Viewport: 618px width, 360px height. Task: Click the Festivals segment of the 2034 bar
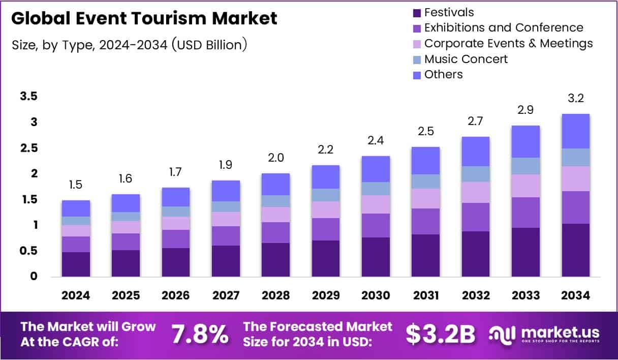[x=575, y=250]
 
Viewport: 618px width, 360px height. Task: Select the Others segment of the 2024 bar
[x=76, y=208]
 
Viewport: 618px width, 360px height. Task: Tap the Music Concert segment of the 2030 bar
[x=376, y=189]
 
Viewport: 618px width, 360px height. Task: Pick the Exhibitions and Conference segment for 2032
[x=475, y=217]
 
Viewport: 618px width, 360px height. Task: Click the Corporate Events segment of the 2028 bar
[x=275, y=214]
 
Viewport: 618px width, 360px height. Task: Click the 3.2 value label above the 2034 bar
[x=575, y=98]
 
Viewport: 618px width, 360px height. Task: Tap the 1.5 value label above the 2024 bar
[x=76, y=185]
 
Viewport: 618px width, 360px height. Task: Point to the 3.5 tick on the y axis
[x=29, y=97]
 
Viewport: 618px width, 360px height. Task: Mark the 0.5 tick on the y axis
[x=29, y=251]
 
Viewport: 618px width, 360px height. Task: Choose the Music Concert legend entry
[x=466, y=59]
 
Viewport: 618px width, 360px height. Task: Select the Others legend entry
[x=443, y=74]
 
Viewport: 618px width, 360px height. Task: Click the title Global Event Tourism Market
[x=144, y=18]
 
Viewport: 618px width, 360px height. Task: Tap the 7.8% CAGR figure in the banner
[x=200, y=334]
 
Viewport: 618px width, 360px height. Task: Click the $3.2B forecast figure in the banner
[x=441, y=334]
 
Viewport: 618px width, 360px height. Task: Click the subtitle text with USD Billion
[x=130, y=45]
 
